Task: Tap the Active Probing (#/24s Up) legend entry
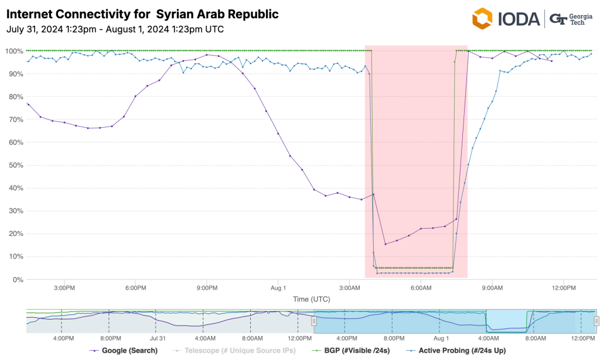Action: coord(461,351)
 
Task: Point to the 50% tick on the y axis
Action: coord(13,165)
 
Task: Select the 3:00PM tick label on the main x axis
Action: coord(64,288)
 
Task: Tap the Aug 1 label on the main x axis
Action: coord(278,288)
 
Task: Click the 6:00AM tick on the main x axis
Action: coord(421,288)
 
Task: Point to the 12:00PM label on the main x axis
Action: coord(564,288)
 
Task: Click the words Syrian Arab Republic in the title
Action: coord(217,13)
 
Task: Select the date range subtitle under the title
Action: coord(115,29)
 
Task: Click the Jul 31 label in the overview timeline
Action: coord(158,338)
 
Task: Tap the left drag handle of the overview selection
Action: coord(313,321)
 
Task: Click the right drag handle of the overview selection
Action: coord(596,321)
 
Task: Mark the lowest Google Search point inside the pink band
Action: coord(385,244)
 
